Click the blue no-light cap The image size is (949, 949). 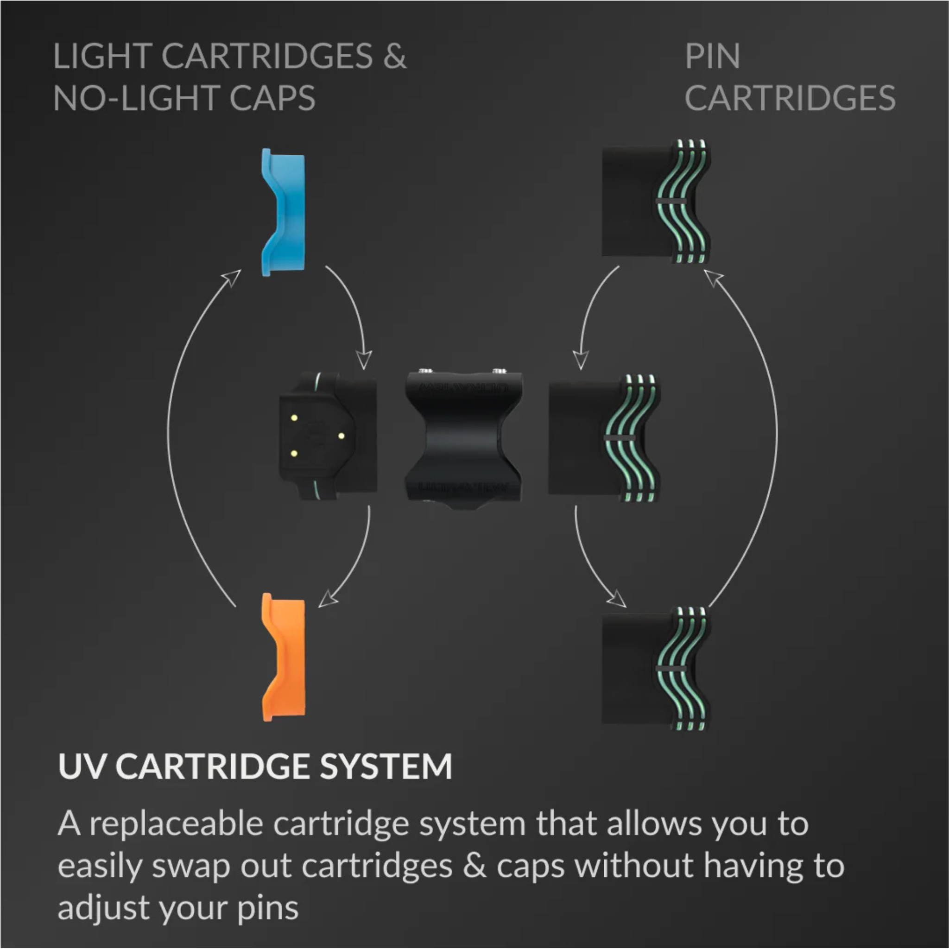click(284, 212)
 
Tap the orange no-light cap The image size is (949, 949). click(284, 657)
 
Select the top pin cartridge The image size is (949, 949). click(656, 202)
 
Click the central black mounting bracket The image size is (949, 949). click(464, 438)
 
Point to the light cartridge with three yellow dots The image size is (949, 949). click(328, 436)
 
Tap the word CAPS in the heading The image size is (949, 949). click(272, 98)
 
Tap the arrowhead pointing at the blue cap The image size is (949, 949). click(231, 278)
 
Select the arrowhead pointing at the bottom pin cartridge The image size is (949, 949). click(617, 598)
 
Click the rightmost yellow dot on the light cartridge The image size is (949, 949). click(341, 436)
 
